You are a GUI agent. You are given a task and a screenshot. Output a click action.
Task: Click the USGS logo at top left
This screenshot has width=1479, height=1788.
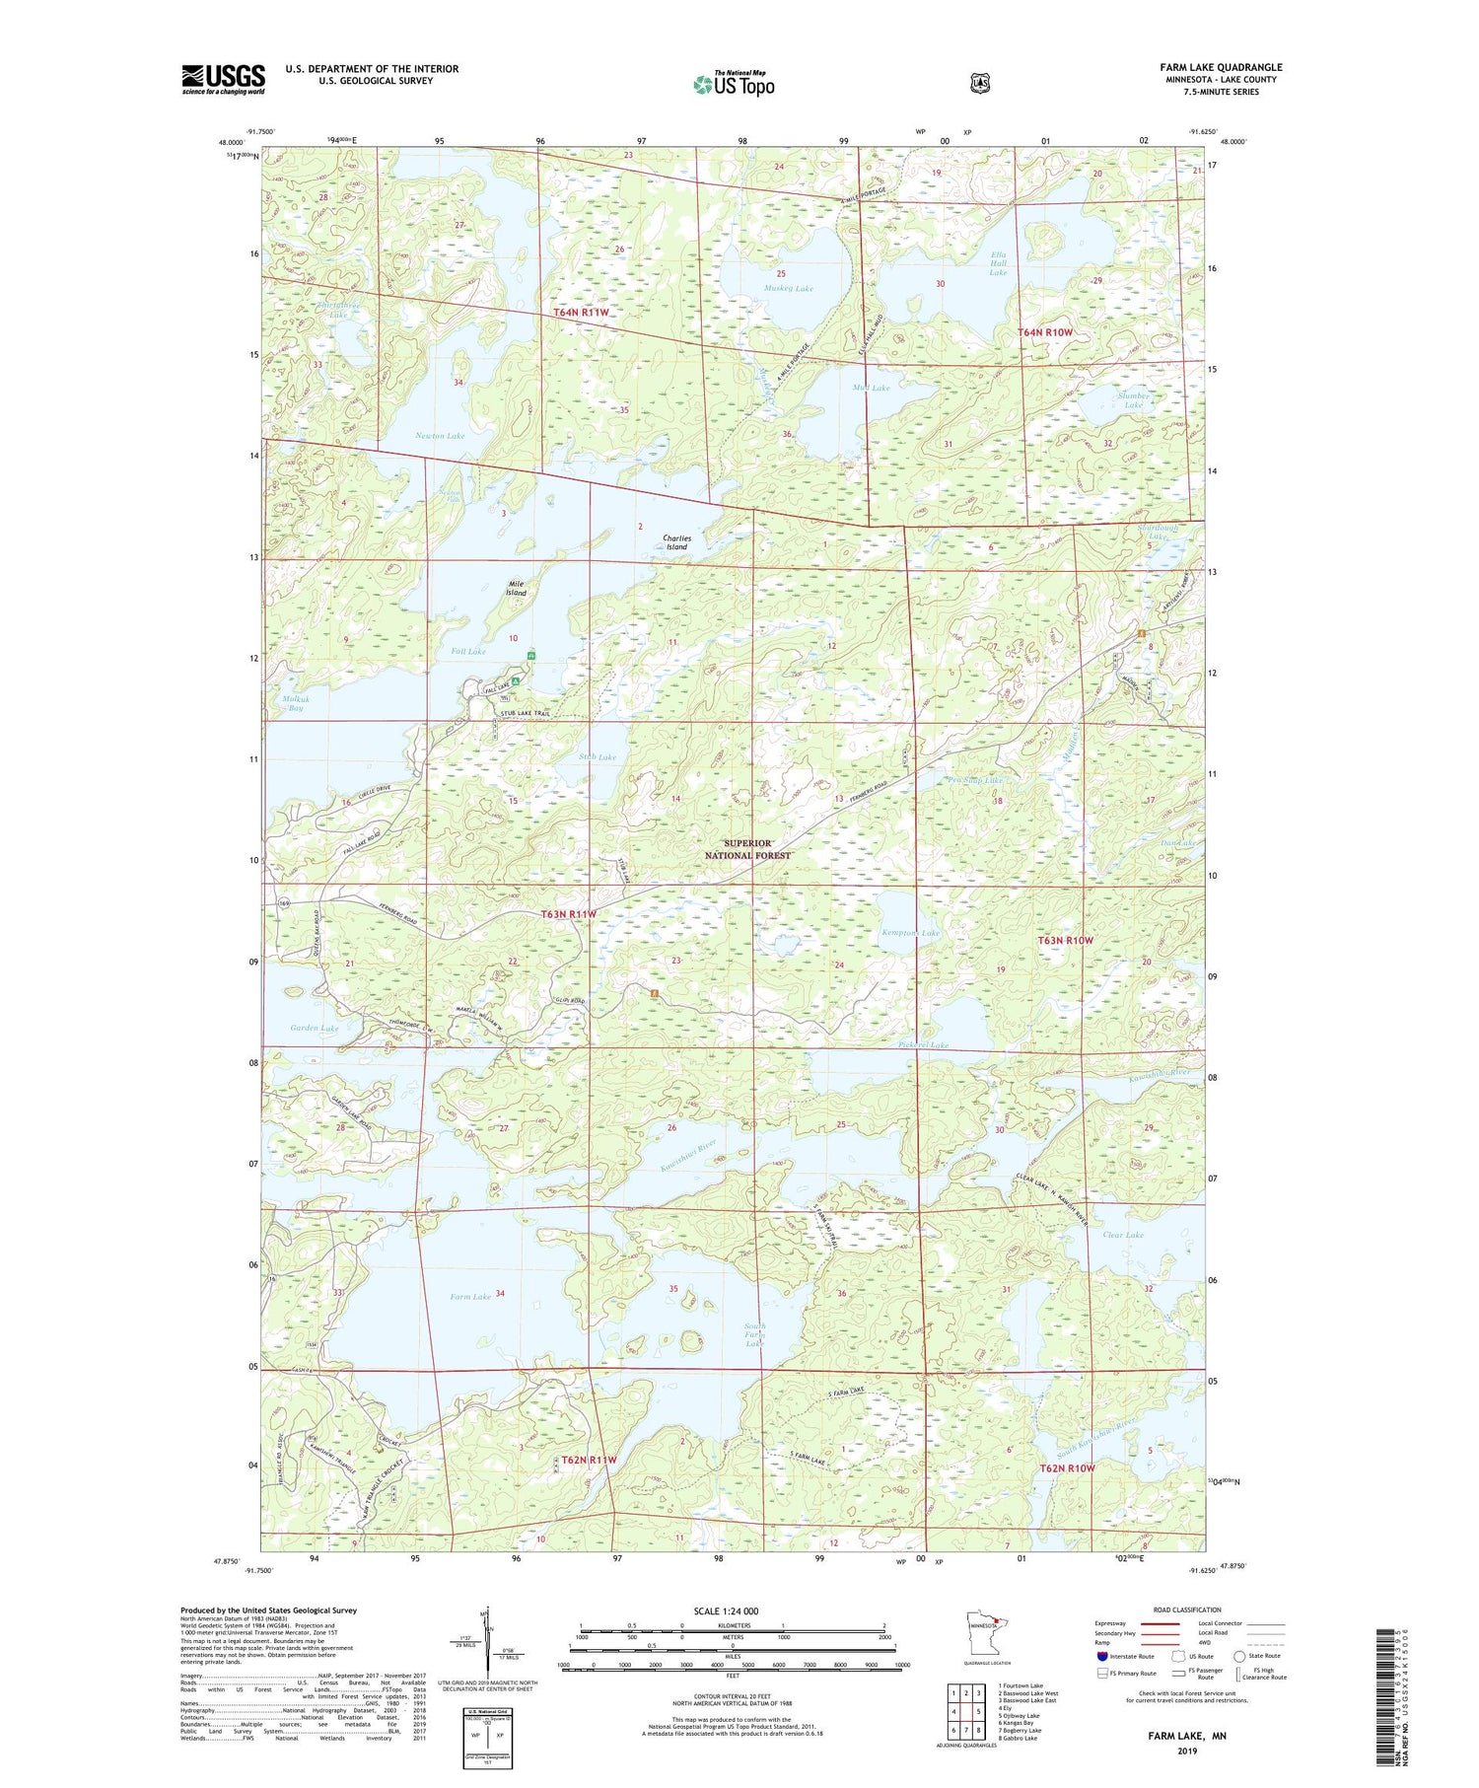click(x=223, y=79)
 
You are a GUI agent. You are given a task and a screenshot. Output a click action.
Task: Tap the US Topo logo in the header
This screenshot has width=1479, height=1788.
click(x=734, y=83)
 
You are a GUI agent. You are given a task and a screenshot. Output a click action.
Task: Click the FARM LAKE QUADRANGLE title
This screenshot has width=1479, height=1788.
click(x=1221, y=67)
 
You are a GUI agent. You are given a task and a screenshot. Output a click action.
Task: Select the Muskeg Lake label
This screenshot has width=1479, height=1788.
click(x=789, y=289)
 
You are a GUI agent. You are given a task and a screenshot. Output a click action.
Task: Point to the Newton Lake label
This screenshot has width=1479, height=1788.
click(x=439, y=435)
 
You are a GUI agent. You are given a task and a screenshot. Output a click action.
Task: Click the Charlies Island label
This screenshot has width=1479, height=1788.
click(x=676, y=542)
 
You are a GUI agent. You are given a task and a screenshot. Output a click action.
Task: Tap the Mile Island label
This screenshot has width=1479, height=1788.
click(x=516, y=588)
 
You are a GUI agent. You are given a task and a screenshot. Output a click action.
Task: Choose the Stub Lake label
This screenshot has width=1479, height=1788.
click(x=597, y=757)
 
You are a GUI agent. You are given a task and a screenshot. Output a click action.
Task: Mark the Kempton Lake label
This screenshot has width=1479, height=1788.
click(x=911, y=933)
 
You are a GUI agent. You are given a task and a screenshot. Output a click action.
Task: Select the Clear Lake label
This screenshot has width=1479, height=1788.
click(x=1123, y=1235)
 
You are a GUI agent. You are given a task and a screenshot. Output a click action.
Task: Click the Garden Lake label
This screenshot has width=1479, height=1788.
click(x=314, y=1028)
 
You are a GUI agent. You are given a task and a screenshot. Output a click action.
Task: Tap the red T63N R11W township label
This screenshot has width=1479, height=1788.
click(x=569, y=914)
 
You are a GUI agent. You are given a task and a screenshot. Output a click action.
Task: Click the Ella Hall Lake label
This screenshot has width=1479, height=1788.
click(x=998, y=263)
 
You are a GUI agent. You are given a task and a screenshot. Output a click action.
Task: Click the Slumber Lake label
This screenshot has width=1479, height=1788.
click(x=1133, y=399)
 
